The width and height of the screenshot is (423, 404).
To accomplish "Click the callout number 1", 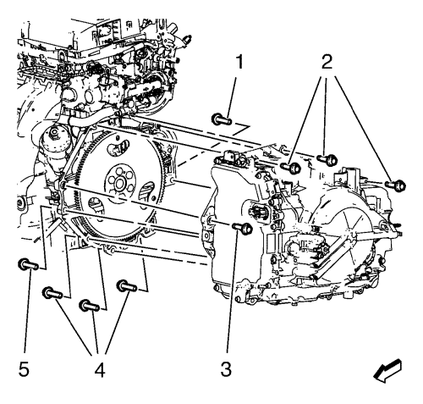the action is click(239, 62).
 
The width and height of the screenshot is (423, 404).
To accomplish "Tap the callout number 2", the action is click(327, 62).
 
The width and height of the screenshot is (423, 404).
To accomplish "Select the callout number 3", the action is click(226, 369).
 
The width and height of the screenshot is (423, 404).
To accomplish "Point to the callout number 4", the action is click(100, 369).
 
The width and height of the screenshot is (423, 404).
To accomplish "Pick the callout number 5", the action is click(24, 369).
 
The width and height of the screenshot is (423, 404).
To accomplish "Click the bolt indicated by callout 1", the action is click(222, 119).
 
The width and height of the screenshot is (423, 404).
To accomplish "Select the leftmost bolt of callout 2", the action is click(291, 167).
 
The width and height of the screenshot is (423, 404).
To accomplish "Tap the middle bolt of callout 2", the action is click(327, 159).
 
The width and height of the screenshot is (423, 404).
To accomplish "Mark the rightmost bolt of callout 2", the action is click(395, 185).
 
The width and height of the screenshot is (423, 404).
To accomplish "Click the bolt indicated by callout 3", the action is click(242, 228).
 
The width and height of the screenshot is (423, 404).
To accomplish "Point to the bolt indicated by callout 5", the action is click(28, 264).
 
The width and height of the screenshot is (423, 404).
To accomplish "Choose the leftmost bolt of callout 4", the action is click(52, 293).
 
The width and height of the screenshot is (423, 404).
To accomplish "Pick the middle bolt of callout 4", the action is click(89, 306).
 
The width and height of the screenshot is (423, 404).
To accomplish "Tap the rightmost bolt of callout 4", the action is click(127, 285).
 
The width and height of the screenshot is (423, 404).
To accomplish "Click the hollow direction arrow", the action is click(387, 371).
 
